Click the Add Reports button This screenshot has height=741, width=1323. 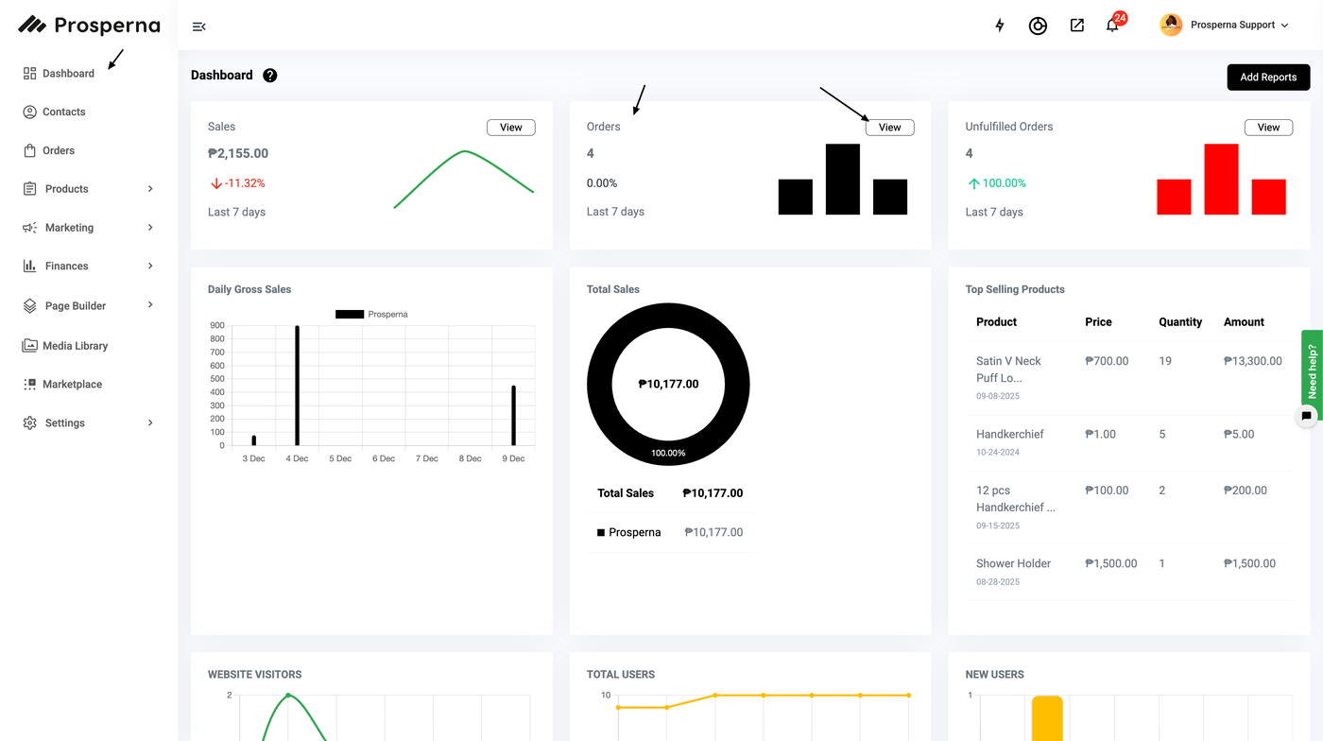(1268, 78)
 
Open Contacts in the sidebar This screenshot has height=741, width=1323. (63, 112)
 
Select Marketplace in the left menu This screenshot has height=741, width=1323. (72, 385)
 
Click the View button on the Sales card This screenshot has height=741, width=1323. (510, 128)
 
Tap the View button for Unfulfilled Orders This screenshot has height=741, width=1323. (1268, 128)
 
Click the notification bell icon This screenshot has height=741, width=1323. (1112, 26)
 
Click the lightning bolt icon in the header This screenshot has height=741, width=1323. (1000, 26)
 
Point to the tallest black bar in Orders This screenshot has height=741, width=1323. (842, 179)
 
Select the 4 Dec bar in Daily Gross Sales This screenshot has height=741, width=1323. (297, 386)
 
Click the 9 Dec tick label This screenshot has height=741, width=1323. (513, 458)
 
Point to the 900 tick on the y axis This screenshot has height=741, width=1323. (217, 326)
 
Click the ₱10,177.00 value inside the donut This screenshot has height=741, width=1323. (668, 385)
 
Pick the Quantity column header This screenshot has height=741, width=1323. (1180, 322)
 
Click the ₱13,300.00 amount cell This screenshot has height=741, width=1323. (1252, 361)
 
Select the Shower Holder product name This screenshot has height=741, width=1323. (1013, 563)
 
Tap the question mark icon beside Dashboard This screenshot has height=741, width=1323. (270, 76)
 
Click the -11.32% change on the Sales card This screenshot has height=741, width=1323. (244, 183)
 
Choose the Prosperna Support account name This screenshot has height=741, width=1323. (1232, 26)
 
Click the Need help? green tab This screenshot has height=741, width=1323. (1312, 370)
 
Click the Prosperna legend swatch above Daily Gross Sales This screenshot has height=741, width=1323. (350, 314)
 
